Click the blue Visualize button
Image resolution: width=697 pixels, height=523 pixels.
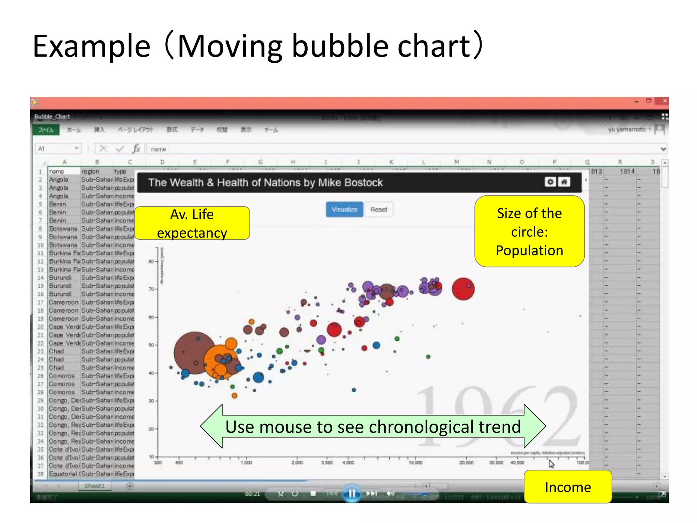[x=344, y=209]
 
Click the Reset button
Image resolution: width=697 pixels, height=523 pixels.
[x=378, y=209]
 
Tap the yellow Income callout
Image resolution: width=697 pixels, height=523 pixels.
[x=567, y=487]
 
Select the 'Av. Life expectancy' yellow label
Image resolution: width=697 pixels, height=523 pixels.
[x=192, y=223]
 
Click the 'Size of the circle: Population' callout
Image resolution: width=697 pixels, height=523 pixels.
[x=529, y=232]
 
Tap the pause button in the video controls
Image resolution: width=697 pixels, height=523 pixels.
[x=352, y=493]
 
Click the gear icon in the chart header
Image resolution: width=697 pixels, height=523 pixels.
[x=550, y=182]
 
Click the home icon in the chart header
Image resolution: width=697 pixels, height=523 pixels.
[x=564, y=182]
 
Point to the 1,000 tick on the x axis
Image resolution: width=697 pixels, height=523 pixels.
[x=246, y=462]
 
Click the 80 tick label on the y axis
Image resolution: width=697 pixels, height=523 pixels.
[x=151, y=261]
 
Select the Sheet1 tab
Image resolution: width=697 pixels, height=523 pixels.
[x=95, y=486]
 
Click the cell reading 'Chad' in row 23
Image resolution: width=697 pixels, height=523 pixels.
[x=56, y=351]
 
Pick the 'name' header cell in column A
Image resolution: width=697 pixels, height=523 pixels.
[x=64, y=172]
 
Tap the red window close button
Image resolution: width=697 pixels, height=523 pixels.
[x=664, y=101]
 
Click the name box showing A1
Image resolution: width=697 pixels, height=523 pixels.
[x=57, y=148]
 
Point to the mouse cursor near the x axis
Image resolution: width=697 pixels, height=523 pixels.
[x=551, y=463]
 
